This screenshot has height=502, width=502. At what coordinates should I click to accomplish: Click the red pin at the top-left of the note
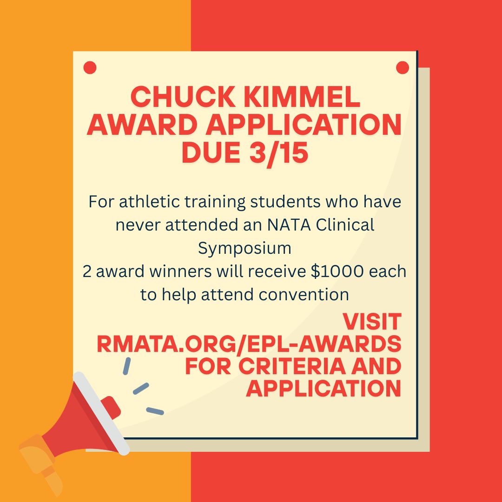pyautogui.click(x=90, y=68)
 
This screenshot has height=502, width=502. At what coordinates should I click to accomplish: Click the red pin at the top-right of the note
pyautogui.click(x=403, y=68)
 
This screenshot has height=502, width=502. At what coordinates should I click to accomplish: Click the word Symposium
pyautogui.click(x=244, y=248)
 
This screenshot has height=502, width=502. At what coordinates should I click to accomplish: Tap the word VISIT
pyautogui.click(x=372, y=322)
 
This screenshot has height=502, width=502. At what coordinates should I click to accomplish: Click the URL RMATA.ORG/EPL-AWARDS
pyautogui.click(x=249, y=344)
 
